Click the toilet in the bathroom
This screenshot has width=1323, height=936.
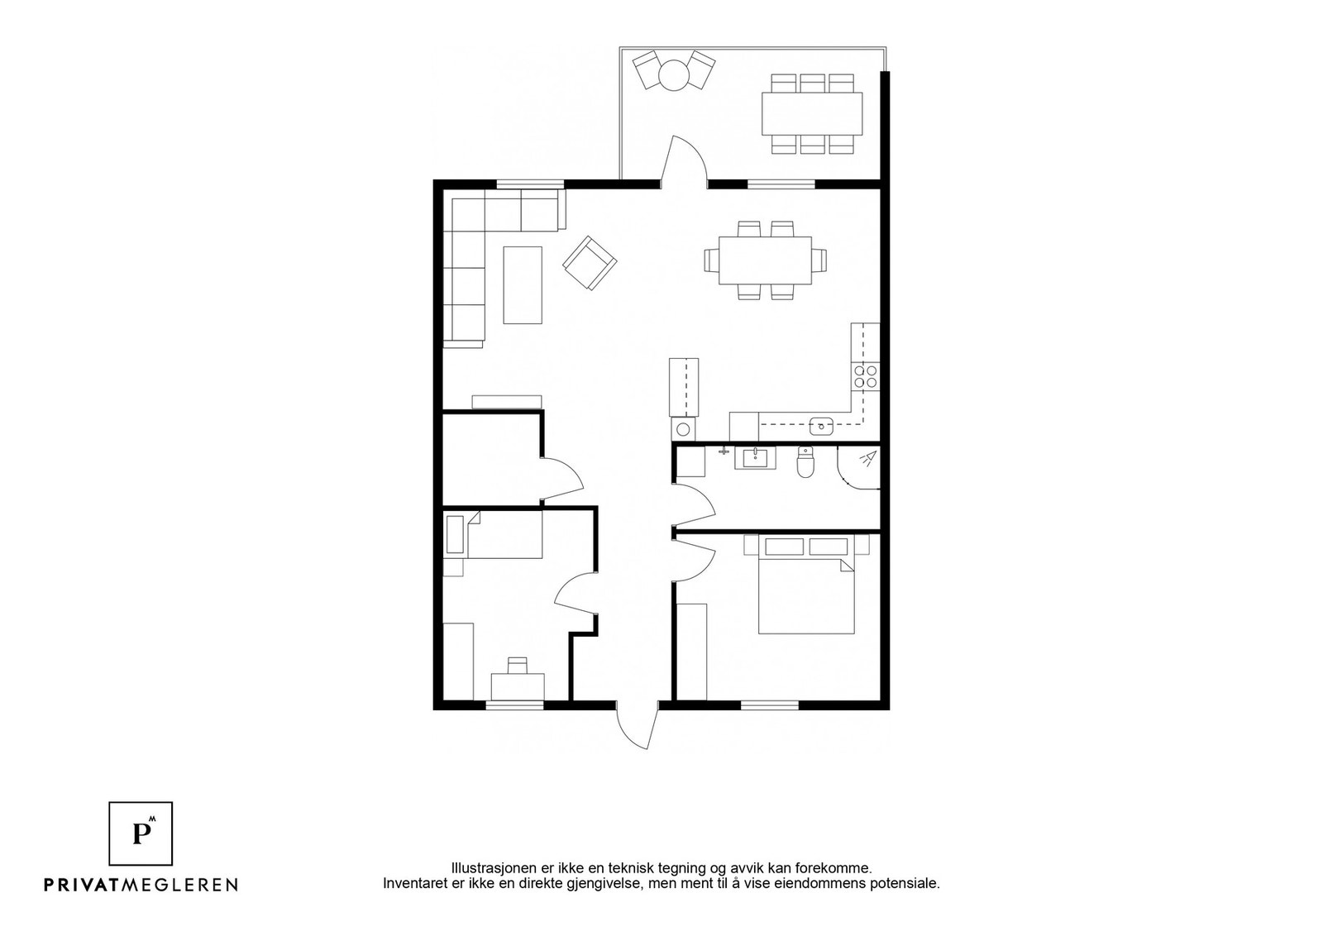(805, 461)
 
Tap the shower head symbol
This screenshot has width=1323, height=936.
(867, 458)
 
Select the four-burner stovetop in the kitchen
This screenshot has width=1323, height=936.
(865, 376)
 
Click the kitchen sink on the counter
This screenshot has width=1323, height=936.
(821, 425)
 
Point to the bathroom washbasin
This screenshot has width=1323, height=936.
(755, 458)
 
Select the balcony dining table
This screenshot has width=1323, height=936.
(811, 113)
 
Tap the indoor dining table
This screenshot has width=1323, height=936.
(765, 260)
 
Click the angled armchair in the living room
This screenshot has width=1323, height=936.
(590, 263)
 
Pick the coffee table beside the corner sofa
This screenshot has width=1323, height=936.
(523, 284)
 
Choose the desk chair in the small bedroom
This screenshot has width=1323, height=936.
(518, 665)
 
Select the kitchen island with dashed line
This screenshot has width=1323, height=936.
(683, 387)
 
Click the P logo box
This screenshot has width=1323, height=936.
(141, 833)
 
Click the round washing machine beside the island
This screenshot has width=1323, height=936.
(683, 429)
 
